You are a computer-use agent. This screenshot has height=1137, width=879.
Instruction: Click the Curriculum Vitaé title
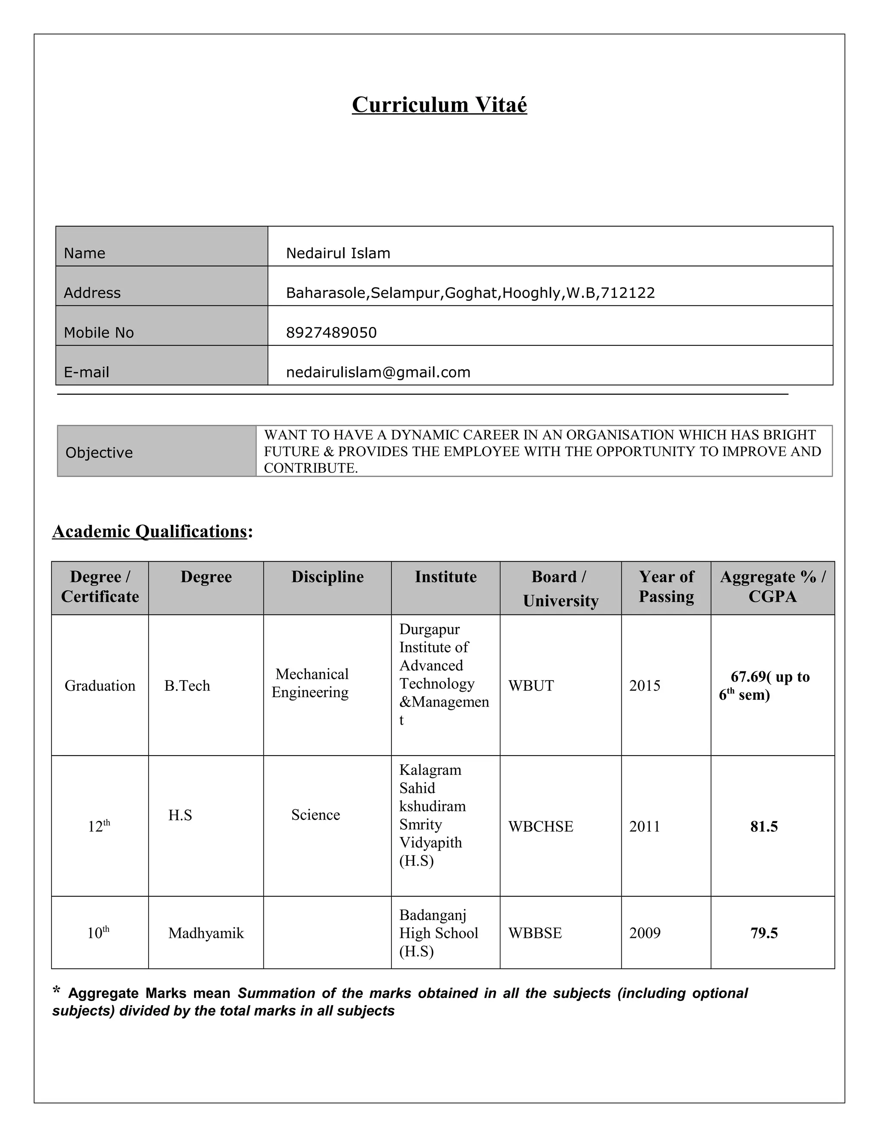(439, 105)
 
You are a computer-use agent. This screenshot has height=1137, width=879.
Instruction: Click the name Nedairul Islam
(337, 254)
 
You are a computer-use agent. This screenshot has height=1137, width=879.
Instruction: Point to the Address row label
(92, 293)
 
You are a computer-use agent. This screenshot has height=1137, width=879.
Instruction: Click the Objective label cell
(99, 452)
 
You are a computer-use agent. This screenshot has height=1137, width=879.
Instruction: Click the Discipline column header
(327, 577)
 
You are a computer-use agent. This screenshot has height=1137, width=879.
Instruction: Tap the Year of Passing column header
(666, 587)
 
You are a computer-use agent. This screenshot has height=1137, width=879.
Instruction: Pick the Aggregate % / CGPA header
(772, 587)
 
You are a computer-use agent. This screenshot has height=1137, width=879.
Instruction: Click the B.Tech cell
(187, 686)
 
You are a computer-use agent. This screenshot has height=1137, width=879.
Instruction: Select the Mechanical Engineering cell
(311, 683)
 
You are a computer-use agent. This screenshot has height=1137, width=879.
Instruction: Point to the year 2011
(644, 827)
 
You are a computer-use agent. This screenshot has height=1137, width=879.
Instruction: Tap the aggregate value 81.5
(764, 827)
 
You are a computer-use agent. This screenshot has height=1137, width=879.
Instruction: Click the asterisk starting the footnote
(57, 990)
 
